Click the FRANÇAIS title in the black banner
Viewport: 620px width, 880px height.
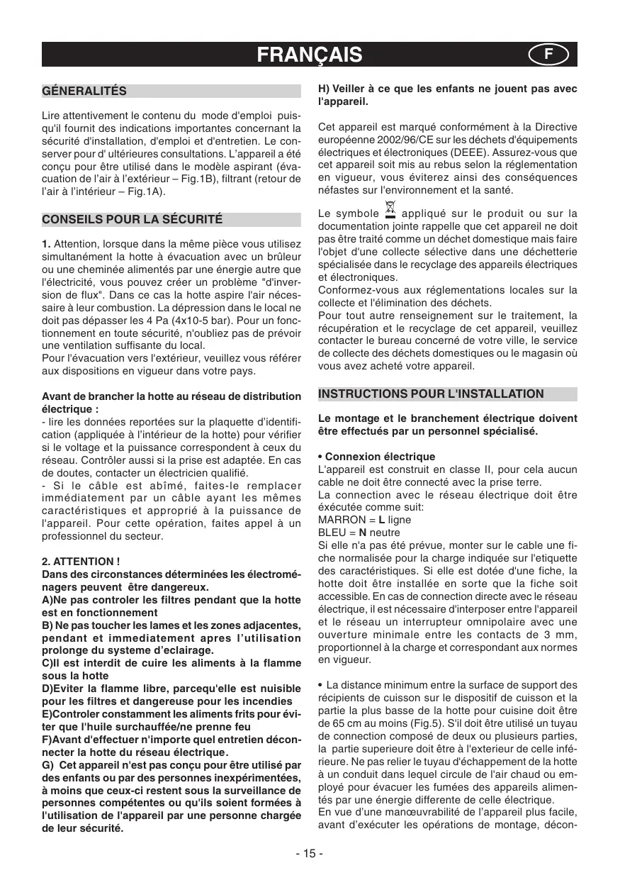310,55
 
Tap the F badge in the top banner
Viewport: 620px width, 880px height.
547,55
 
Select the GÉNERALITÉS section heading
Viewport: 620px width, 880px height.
84,91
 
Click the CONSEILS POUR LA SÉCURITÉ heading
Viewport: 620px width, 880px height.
133,220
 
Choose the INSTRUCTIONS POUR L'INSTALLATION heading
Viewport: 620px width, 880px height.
432,394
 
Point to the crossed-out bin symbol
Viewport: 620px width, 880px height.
389,209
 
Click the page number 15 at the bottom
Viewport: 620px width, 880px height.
310,853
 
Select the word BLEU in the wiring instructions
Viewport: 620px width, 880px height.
332,533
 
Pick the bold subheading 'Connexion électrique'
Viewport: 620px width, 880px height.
380,457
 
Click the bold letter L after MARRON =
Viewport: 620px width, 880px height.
382,520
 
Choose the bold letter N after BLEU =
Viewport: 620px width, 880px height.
363,533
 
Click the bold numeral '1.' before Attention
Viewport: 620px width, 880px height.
47,245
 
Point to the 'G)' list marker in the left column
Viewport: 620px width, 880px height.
48,766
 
